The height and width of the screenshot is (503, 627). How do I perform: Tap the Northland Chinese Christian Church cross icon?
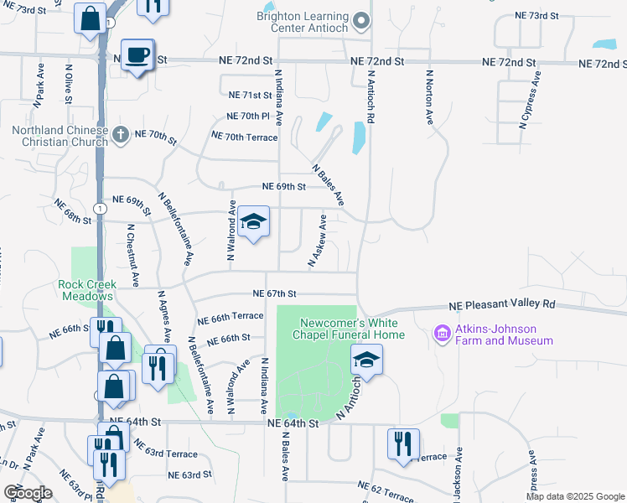122,134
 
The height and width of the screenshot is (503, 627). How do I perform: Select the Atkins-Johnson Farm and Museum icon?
442,334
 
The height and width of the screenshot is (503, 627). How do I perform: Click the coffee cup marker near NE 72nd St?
137,55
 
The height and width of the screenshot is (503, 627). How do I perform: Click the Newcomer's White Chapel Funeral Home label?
352,329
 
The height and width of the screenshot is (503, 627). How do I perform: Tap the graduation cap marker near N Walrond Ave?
253,222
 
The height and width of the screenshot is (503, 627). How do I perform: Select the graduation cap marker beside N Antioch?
366,360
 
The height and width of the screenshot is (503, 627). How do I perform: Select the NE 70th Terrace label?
244,136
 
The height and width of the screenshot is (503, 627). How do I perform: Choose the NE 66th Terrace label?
231,318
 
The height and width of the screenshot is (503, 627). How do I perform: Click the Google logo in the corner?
28,492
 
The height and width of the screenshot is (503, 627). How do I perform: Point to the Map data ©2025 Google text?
575,496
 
